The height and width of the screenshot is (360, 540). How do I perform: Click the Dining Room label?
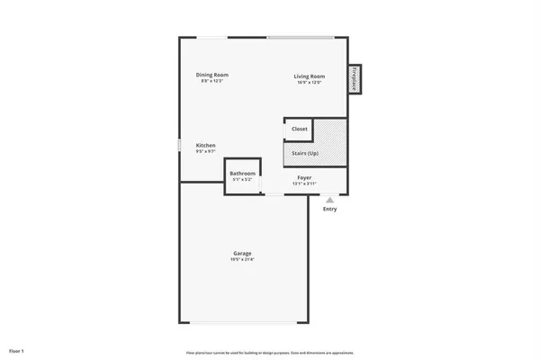[x=213, y=75]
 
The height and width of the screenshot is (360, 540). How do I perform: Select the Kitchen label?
[x=206, y=145]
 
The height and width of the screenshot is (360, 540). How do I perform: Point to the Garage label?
[x=242, y=254]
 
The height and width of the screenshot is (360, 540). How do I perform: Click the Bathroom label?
[x=242, y=174]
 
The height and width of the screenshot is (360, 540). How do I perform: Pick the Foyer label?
[x=305, y=178]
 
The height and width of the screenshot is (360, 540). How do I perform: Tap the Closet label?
[x=299, y=130]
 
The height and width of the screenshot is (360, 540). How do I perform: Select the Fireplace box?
[x=355, y=79]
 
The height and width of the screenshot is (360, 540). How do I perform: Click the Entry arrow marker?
[x=330, y=199]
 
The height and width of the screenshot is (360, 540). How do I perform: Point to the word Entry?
[x=330, y=210]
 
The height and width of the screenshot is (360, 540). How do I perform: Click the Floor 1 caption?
[x=17, y=349]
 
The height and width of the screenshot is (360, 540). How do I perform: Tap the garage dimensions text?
[x=242, y=261]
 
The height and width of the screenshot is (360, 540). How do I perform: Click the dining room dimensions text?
[x=213, y=82]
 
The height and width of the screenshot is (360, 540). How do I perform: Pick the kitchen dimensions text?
[x=206, y=152]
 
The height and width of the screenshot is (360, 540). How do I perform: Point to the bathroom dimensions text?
[x=242, y=180]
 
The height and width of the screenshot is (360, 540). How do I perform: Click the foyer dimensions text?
[x=305, y=184]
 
